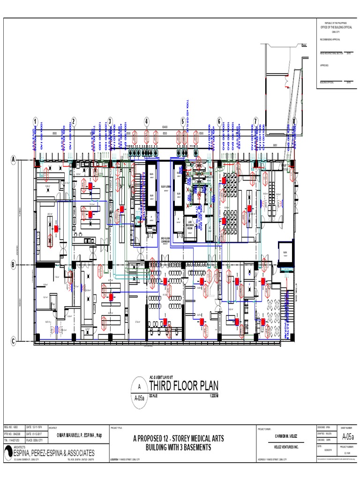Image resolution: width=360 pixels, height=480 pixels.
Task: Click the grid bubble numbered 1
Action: [36, 121]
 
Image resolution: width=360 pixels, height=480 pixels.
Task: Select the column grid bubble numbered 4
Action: [146, 121]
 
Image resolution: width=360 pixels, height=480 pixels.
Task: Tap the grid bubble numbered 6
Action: [219, 121]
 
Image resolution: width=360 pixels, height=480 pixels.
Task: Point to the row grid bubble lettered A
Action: [14, 160]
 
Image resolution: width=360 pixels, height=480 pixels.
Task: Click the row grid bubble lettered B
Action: [14, 265]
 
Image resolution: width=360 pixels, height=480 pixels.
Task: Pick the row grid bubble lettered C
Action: [14, 341]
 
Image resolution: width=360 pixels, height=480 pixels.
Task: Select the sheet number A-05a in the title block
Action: [348, 437]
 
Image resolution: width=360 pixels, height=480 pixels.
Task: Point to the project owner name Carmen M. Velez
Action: [285, 436]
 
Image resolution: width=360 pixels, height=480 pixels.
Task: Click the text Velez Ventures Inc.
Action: [285, 447]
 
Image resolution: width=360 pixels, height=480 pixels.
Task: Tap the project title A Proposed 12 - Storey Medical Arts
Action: [179, 439]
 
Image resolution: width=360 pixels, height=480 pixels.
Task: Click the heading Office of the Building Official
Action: [336, 28]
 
